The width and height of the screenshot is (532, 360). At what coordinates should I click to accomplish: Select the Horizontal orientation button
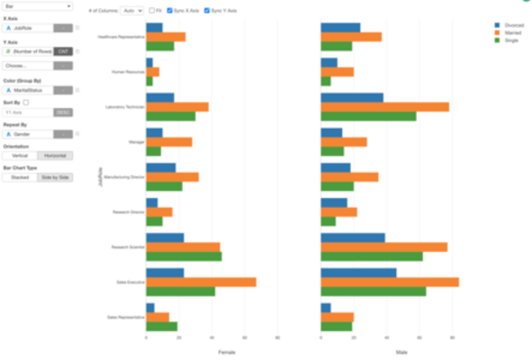click(x=56, y=156)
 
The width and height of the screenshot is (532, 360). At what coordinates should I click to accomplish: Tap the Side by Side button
click(x=56, y=177)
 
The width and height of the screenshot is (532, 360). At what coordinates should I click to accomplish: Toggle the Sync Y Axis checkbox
click(x=206, y=10)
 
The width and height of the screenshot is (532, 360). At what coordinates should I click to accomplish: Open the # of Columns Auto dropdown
click(x=131, y=10)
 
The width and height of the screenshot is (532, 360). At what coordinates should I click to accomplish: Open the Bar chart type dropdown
click(x=38, y=6)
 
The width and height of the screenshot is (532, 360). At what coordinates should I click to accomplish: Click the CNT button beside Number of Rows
click(x=63, y=51)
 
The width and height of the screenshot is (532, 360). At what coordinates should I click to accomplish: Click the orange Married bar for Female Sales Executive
click(x=201, y=282)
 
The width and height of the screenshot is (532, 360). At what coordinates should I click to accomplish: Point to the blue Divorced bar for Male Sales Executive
click(x=358, y=272)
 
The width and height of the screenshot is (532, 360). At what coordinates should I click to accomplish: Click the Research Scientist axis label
click(x=125, y=247)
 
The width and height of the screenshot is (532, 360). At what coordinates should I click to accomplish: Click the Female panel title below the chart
click(x=228, y=351)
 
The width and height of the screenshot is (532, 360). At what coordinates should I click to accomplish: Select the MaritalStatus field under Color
click(x=32, y=90)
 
